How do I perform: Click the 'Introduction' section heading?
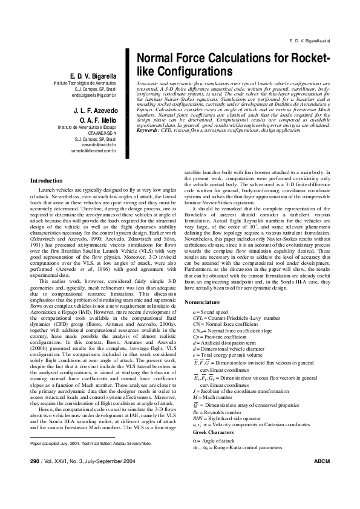coord(46,181)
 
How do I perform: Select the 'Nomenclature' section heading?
coord(203,301)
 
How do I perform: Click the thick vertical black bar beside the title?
coord(129,91)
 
